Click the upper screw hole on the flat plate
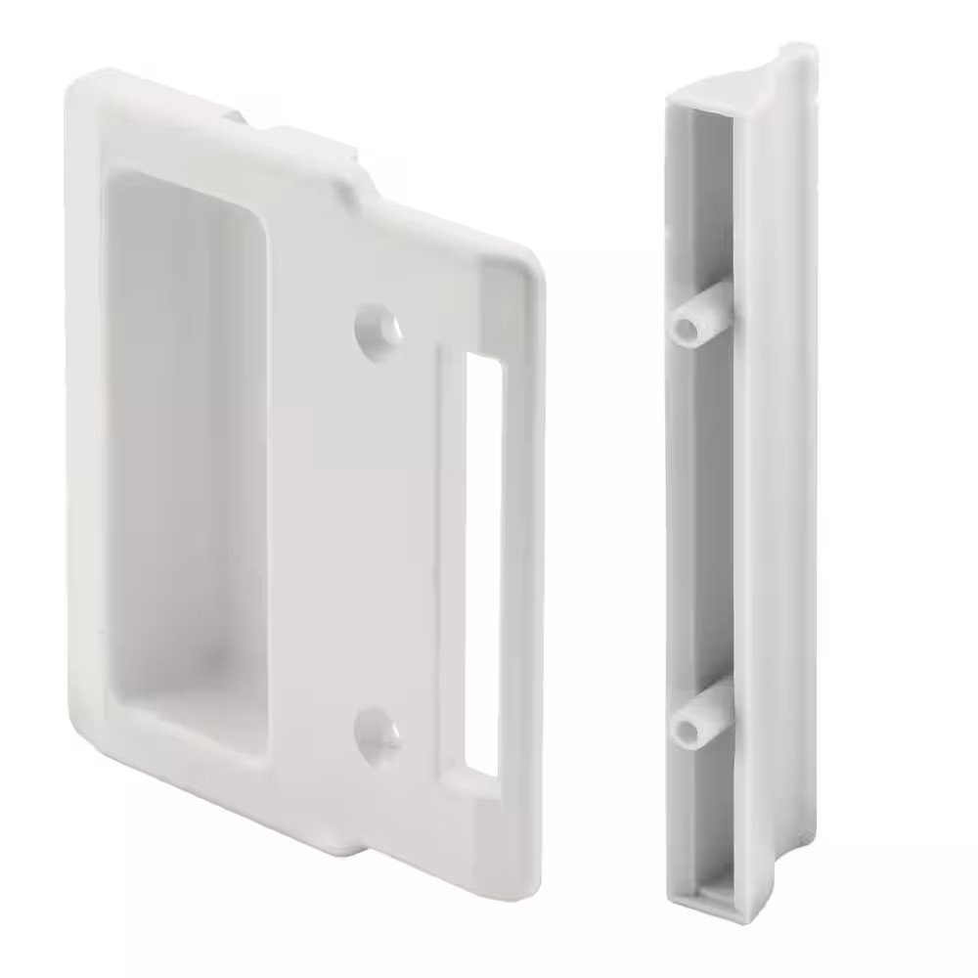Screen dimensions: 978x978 [x=378, y=327]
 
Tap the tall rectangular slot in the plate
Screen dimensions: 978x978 [x=482, y=561]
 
